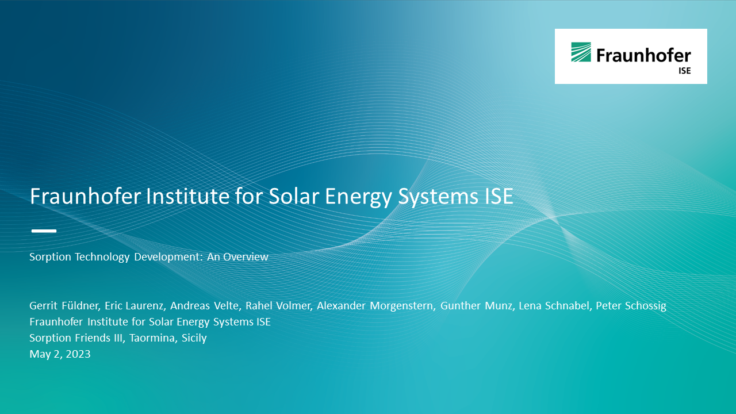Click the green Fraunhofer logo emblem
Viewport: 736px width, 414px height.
coord(581,52)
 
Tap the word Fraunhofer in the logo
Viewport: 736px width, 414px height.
coord(643,55)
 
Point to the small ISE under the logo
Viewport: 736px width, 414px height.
coord(685,71)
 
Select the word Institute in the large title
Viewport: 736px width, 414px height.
coord(187,196)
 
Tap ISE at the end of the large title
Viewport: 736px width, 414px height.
coord(499,196)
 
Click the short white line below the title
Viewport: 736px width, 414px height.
coord(44,231)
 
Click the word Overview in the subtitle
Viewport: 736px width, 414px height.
coord(246,256)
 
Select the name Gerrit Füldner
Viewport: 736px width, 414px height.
coord(64,305)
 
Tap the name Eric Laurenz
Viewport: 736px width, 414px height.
coord(134,305)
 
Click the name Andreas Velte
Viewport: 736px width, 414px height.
coord(205,305)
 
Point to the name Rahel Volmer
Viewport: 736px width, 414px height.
coord(278,305)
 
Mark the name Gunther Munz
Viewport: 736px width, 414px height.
coord(477,305)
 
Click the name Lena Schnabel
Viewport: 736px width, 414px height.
coord(554,305)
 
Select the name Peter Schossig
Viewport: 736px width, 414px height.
coord(631,306)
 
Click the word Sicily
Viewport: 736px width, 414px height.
coord(194,338)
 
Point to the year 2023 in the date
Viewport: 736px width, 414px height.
coord(78,354)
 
